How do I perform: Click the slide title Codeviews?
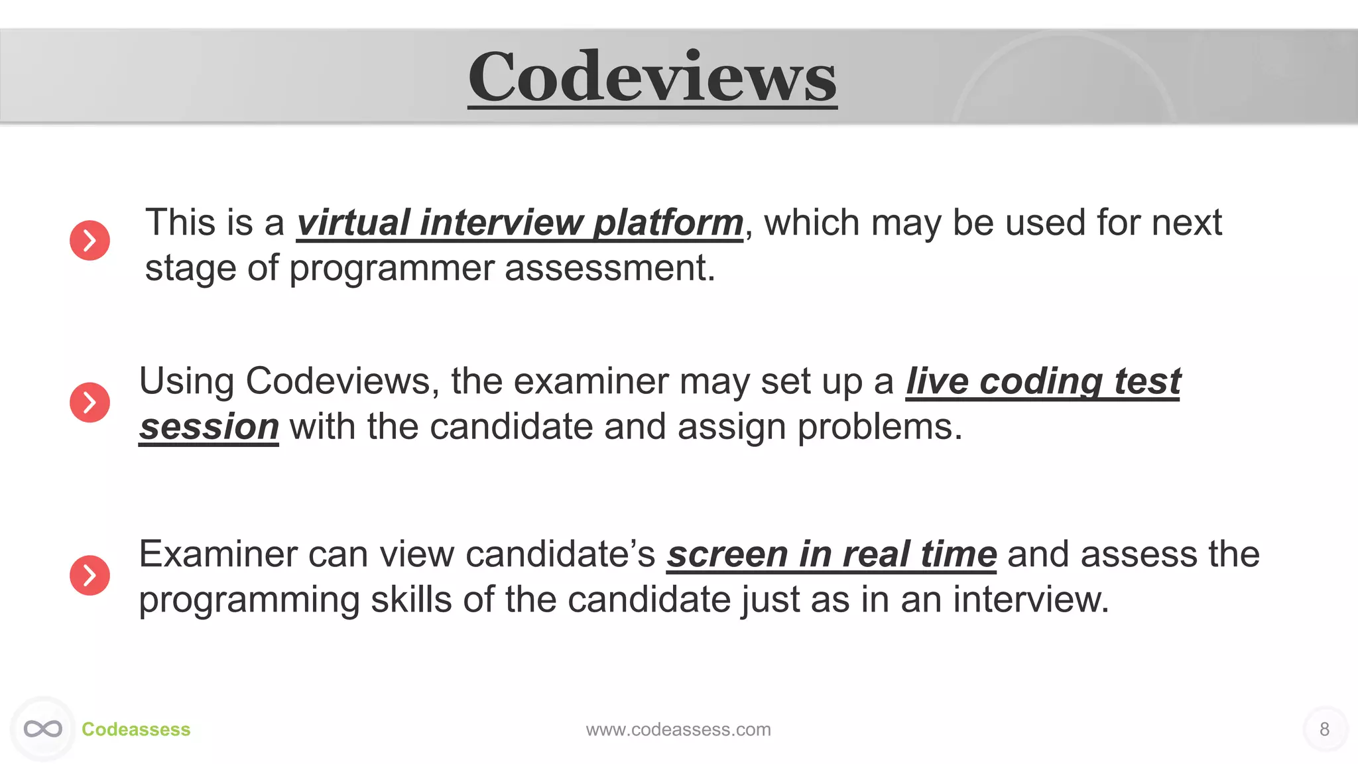click(652, 78)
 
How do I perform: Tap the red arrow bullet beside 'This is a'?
click(90, 240)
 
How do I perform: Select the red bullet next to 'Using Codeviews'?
click(90, 402)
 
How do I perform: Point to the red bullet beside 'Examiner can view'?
click(90, 575)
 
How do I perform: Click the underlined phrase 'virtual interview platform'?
click(520, 223)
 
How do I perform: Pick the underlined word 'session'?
click(209, 426)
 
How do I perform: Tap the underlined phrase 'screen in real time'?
click(832, 554)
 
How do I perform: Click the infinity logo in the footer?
click(43, 729)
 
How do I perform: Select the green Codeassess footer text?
click(136, 730)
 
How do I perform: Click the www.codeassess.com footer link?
click(678, 730)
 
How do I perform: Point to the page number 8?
click(1324, 730)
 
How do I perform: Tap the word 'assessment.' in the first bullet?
click(610, 268)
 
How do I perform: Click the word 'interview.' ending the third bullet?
click(1030, 600)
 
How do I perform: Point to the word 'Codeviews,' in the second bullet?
click(342, 382)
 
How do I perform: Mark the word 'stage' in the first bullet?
click(190, 269)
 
